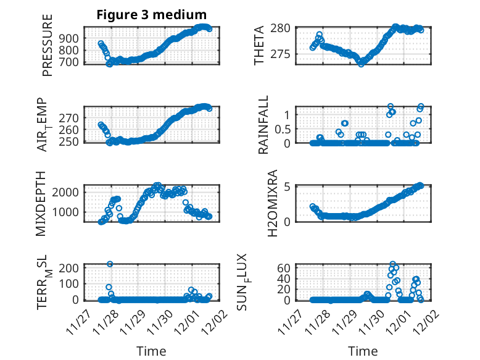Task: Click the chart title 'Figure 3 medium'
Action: click(x=151, y=15)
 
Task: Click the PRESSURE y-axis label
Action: click(x=48, y=46)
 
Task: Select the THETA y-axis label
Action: click(x=259, y=46)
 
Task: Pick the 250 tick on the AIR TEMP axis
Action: click(x=70, y=141)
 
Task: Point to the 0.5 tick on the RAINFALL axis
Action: click(x=282, y=129)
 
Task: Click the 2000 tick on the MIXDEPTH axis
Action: click(x=67, y=192)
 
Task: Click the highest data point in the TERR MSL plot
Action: click(x=110, y=264)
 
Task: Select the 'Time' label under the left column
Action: click(x=151, y=351)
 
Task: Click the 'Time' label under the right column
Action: click(x=363, y=351)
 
